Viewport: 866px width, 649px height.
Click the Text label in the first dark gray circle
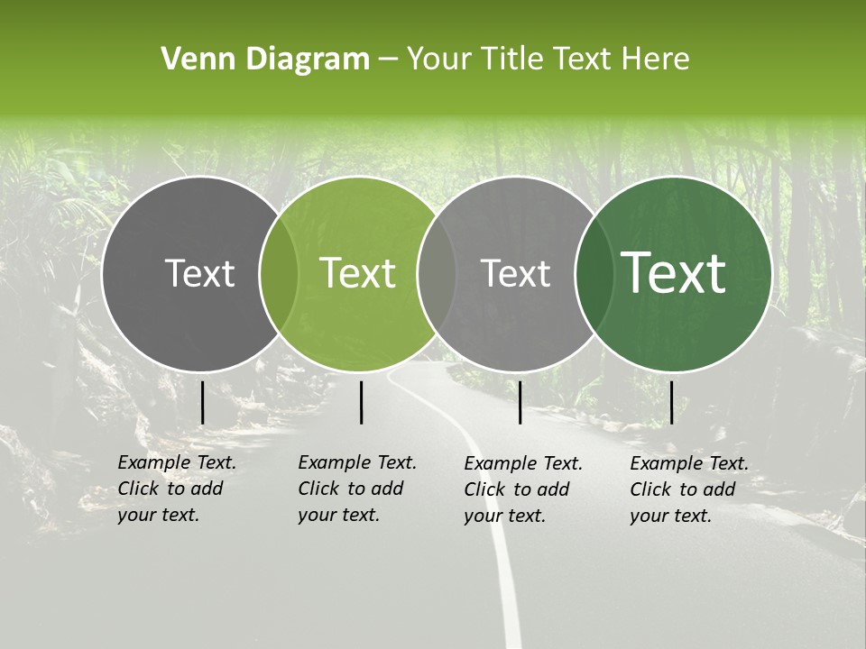[x=199, y=273]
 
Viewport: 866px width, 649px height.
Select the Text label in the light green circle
[x=357, y=273]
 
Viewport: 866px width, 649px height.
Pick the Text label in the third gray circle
[x=515, y=273]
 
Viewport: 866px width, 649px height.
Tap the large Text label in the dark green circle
[x=673, y=273]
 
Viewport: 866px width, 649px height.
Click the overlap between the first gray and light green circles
[x=279, y=274]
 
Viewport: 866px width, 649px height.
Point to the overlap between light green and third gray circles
[x=437, y=274]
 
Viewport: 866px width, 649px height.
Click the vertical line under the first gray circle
[x=202, y=402]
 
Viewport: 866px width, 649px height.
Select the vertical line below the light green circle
[x=361, y=402]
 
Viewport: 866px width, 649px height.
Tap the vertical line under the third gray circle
[x=520, y=402]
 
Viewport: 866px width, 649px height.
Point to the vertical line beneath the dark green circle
[x=671, y=402]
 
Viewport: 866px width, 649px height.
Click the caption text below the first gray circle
[x=177, y=489]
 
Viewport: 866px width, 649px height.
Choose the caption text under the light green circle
[x=357, y=489]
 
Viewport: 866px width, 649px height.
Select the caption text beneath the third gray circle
[x=523, y=489]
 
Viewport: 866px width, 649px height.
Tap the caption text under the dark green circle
[x=689, y=489]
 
